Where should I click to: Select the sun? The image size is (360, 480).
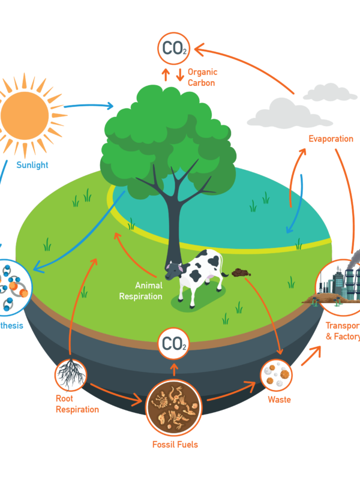coord(25,113)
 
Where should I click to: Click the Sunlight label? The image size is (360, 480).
coord(32,165)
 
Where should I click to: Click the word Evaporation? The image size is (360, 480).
coord(331,139)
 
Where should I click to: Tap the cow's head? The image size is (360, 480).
coord(175,272)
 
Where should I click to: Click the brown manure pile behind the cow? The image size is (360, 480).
coord(241,272)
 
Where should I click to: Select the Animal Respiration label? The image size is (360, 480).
coord(140,290)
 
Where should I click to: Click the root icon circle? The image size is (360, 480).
coord(71,374)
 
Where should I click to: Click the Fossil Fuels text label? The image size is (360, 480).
coord(175,445)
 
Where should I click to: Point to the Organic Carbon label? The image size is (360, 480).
coord(201,77)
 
